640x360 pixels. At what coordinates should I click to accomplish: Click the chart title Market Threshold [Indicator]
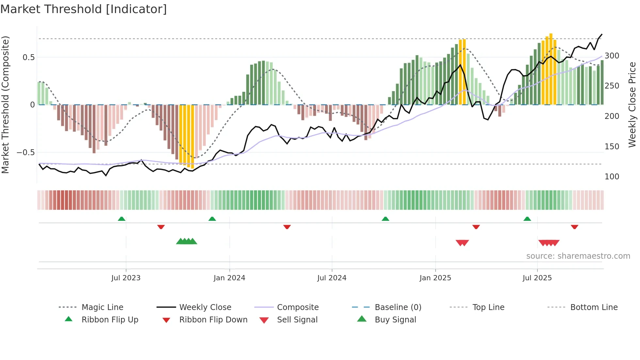pyautogui.click(x=84, y=9)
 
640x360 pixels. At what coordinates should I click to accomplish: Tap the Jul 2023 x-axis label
pyautogui.click(x=126, y=278)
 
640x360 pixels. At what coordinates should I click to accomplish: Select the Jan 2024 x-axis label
pyautogui.click(x=229, y=278)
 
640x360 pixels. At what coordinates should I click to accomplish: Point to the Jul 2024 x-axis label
pyautogui.click(x=332, y=278)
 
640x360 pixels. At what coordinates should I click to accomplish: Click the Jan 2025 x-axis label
pyautogui.click(x=435, y=278)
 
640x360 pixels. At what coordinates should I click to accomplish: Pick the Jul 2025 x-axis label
pyautogui.click(x=537, y=278)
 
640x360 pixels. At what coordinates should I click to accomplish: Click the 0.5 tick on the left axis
pyautogui.click(x=28, y=57)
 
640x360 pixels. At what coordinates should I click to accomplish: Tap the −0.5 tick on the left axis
pyautogui.click(x=25, y=153)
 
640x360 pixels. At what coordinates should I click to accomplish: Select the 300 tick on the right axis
pyautogui.click(x=612, y=56)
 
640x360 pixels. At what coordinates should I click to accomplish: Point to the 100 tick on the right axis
pyautogui.click(x=612, y=177)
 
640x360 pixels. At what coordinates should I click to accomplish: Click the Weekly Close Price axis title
pyautogui.click(x=632, y=105)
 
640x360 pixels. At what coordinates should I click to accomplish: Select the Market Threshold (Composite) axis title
pyautogui.click(x=5, y=105)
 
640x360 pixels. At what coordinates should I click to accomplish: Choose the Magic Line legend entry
pyautogui.click(x=102, y=307)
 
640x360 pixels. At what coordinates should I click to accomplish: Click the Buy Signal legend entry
pyautogui.click(x=395, y=320)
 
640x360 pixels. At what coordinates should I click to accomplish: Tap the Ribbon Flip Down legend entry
pyautogui.click(x=213, y=320)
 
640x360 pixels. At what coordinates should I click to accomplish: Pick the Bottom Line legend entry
pyautogui.click(x=594, y=307)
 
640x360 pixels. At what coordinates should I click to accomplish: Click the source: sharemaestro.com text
pyautogui.click(x=578, y=256)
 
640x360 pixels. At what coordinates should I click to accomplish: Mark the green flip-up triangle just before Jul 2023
pyautogui.click(x=121, y=219)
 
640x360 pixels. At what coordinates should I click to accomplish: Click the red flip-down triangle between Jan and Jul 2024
pyautogui.click(x=287, y=227)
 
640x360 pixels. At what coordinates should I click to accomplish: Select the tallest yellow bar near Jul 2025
pyautogui.click(x=551, y=69)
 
